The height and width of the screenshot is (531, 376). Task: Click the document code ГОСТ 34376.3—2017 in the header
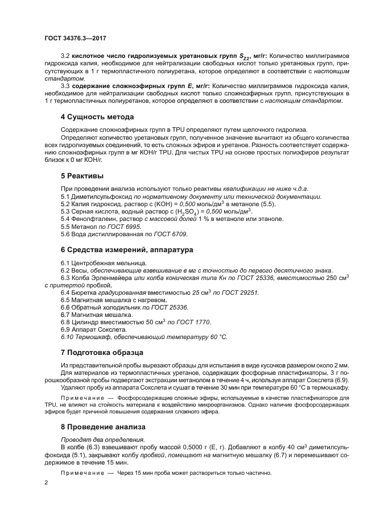point(75,39)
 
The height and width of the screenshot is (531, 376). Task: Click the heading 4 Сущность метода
point(97,117)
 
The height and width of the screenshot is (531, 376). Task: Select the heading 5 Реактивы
point(82,176)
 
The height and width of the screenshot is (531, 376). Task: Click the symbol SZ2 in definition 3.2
point(236,57)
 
